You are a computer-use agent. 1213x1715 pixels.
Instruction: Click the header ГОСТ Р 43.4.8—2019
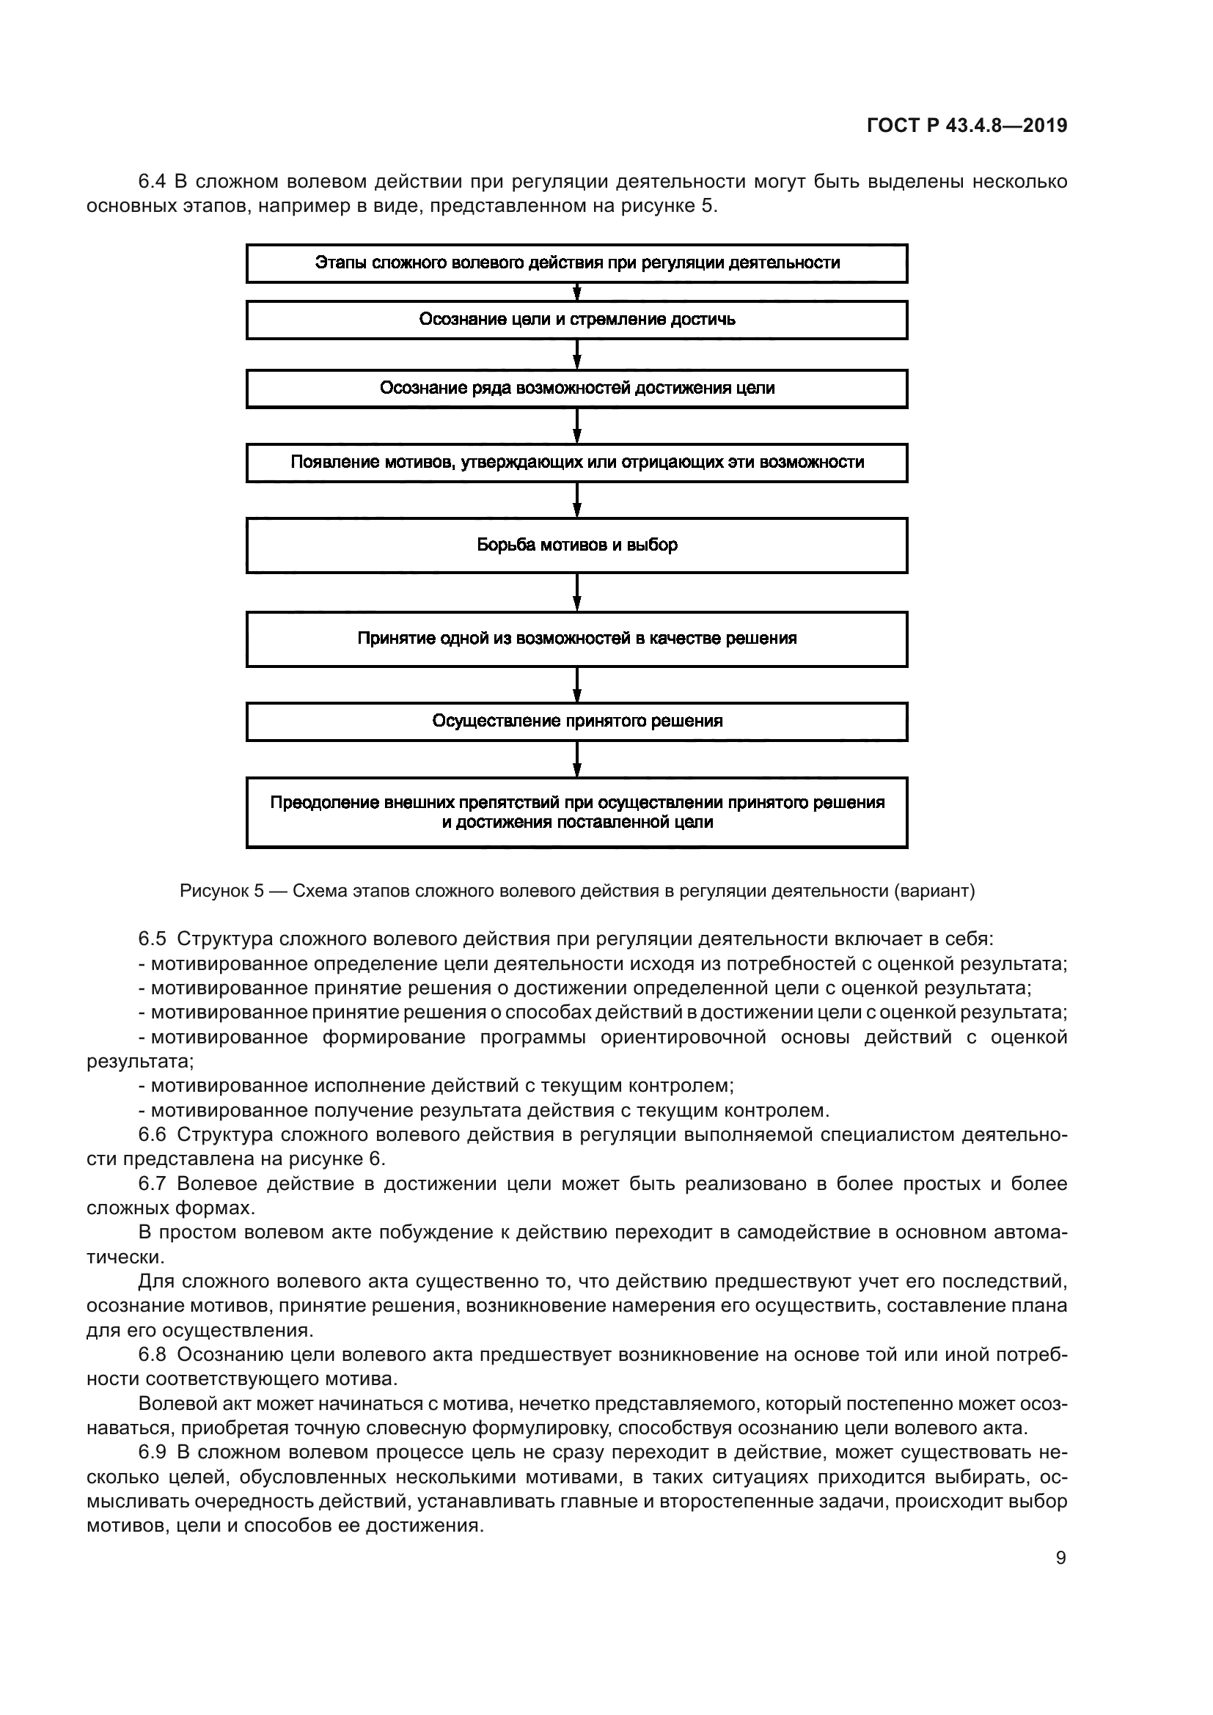[x=967, y=125]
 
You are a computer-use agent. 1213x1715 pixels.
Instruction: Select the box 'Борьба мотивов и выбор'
[x=576, y=546]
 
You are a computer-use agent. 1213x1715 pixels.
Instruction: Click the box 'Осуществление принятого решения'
[x=576, y=721]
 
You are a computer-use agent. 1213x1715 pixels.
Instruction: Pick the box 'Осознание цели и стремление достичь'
[x=576, y=320]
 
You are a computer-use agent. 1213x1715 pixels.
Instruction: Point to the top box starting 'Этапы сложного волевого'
[x=576, y=263]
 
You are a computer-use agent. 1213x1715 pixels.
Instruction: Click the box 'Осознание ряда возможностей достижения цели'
[x=576, y=389]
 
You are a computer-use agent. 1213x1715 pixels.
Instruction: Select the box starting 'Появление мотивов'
[x=576, y=463]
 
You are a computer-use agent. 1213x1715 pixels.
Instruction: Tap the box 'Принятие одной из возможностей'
[x=576, y=639]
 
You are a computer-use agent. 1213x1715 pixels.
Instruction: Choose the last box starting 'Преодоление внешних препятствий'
[x=576, y=812]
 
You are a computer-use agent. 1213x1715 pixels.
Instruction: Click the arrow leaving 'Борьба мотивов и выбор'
[x=577, y=592]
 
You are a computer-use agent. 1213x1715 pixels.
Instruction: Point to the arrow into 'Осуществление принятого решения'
[x=577, y=684]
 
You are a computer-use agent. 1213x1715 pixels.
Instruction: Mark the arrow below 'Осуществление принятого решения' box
[x=577, y=759]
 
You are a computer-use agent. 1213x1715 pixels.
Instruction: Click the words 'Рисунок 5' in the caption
[x=221, y=891]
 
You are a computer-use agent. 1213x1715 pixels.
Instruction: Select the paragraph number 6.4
[x=153, y=182]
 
